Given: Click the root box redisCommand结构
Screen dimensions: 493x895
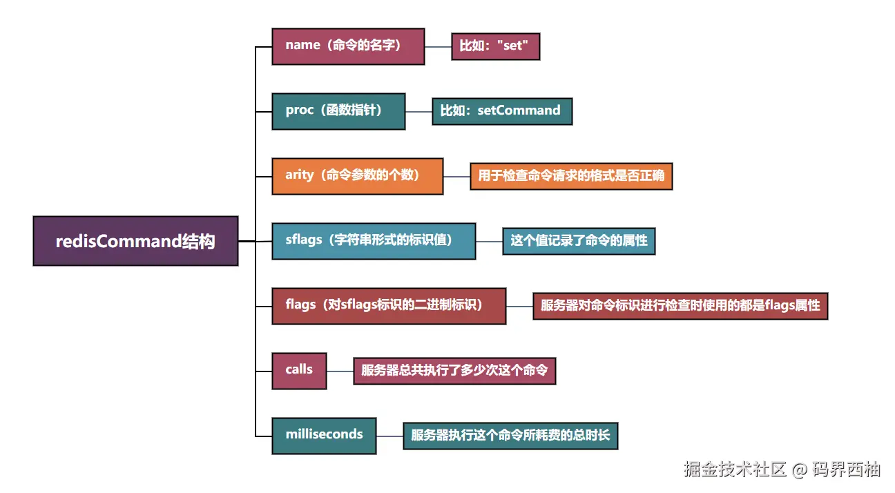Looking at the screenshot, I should click(135, 241).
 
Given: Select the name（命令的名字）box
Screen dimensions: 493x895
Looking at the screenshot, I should click(348, 46).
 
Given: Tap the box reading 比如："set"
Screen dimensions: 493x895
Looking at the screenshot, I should click(495, 47).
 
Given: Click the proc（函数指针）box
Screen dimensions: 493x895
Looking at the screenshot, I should click(338, 111).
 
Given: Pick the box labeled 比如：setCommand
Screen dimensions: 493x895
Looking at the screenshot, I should click(502, 111).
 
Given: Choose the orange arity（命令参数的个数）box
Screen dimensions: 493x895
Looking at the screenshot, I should click(357, 176).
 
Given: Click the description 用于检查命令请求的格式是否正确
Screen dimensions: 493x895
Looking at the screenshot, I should click(571, 176).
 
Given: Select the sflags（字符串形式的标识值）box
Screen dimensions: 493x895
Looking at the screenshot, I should click(374, 241).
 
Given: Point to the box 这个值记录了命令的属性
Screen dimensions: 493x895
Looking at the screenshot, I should click(579, 241).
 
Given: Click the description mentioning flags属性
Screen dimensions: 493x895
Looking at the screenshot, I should click(680, 305).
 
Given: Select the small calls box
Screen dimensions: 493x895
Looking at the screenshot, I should click(299, 371).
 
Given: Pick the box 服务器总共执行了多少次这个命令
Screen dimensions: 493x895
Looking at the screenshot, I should click(454, 371).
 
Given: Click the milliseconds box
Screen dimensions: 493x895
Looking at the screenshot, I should click(324, 436).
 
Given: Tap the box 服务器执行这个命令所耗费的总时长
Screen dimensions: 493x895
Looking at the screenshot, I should click(510, 436).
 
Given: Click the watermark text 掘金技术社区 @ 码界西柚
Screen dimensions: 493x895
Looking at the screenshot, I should click(782, 470).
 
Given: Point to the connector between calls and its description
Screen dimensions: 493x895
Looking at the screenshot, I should click(340, 371).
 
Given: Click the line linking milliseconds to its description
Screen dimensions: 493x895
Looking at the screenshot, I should click(389, 436).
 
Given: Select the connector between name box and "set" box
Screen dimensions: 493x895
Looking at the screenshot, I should click(438, 47).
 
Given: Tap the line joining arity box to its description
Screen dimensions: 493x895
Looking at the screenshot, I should click(456, 176).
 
